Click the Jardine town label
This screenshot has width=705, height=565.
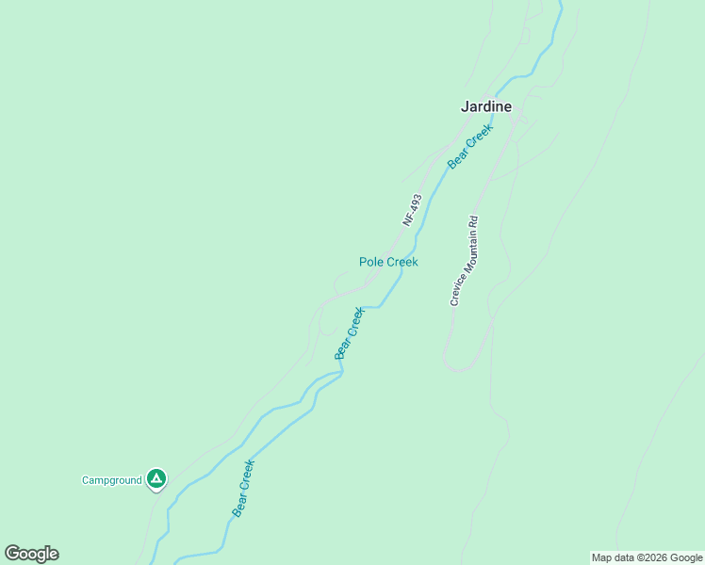tap(485, 106)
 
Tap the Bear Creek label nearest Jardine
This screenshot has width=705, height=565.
tap(470, 147)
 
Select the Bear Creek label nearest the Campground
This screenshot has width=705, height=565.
tap(243, 488)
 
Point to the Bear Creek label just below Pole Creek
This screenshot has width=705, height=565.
tap(349, 333)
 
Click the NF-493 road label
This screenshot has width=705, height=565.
tap(411, 210)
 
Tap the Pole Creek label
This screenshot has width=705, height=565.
tap(388, 262)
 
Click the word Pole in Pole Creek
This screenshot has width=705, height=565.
tap(371, 262)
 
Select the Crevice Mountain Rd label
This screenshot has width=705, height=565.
tap(465, 260)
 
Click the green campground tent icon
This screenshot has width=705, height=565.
tap(156, 479)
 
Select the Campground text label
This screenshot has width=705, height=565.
tap(111, 480)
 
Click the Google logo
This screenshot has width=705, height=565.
tap(31, 554)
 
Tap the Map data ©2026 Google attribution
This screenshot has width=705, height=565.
tap(648, 557)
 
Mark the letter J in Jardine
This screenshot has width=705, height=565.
tap(465, 106)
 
